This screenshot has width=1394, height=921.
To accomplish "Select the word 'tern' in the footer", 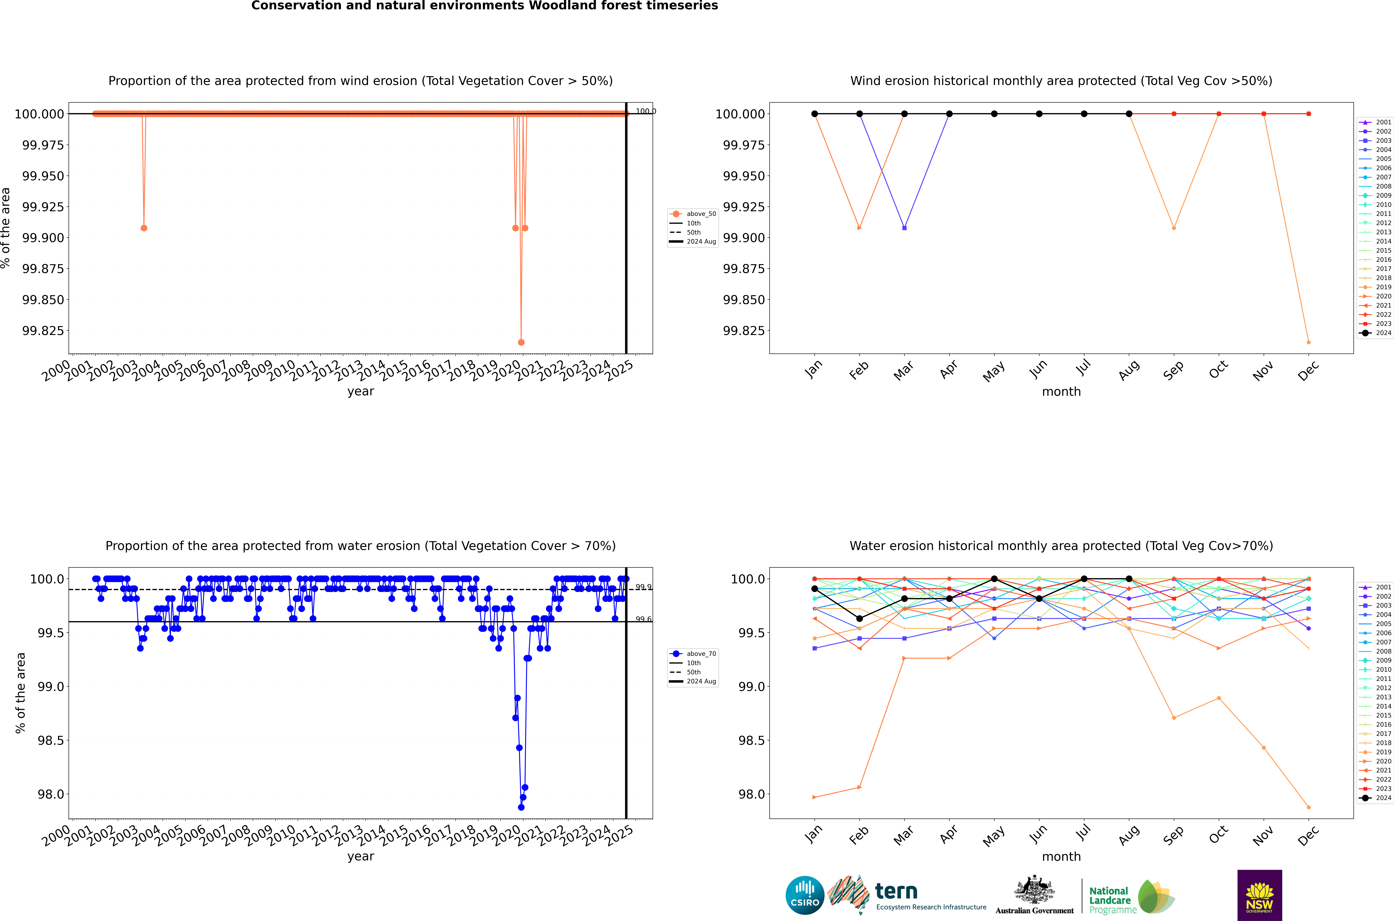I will click(x=896, y=891).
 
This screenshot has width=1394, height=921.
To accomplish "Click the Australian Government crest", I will click(x=1034, y=890).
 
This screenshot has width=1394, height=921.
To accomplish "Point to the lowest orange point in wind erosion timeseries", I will click(x=521, y=342).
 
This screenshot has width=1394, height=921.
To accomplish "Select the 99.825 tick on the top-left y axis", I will click(x=43, y=331).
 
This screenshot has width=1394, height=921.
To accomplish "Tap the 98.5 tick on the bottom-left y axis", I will click(x=50, y=741).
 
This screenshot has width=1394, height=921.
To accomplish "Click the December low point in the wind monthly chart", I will click(x=1308, y=342).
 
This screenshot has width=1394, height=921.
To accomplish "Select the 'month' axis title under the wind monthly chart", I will click(x=1061, y=392).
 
